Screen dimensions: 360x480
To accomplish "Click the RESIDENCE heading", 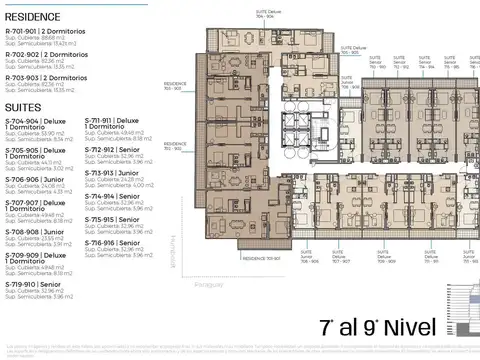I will point(30,17).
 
